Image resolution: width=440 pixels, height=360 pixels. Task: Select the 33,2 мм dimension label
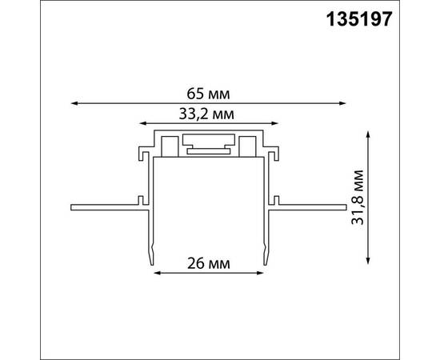pyautogui.click(x=210, y=114)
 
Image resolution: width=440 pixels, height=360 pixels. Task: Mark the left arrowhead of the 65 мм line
pyautogui.click(x=74, y=102)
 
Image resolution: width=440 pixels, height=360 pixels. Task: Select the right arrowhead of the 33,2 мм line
pyautogui.click(x=277, y=126)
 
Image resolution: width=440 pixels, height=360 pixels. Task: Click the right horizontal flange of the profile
pyautogui.click(x=312, y=208)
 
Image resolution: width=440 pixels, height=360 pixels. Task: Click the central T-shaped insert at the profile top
pyautogui.click(x=210, y=146)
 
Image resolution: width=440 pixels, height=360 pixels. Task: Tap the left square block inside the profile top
pyautogui.click(x=170, y=146)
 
